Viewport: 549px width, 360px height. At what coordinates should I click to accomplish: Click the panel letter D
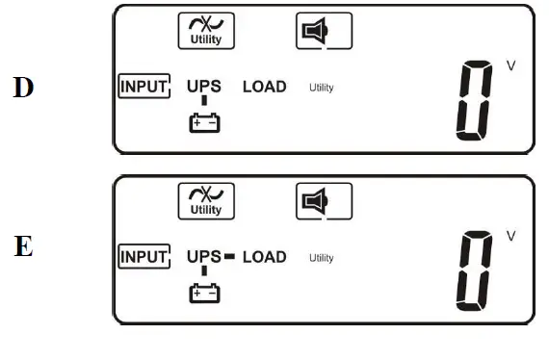click(x=23, y=88)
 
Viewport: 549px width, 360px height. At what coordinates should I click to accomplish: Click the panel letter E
click(x=23, y=246)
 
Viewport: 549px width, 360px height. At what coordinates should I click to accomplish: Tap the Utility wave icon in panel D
click(x=206, y=31)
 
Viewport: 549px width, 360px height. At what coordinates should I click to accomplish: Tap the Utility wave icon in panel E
click(x=206, y=201)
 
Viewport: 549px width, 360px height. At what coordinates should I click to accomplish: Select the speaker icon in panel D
click(x=323, y=32)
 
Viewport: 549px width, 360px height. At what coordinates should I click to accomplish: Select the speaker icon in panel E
click(x=323, y=201)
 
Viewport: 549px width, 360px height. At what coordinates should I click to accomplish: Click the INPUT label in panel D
click(x=144, y=87)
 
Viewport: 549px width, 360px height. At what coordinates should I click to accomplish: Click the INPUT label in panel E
click(x=144, y=257)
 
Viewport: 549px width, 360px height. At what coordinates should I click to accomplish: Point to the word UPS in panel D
click(x=203, y=87)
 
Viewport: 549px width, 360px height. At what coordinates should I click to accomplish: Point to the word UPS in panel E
click(x=203, y=257)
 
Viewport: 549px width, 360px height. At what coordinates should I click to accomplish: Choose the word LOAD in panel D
click(x=264, y=87)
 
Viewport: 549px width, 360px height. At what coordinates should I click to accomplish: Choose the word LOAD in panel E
click(x=264, y=257)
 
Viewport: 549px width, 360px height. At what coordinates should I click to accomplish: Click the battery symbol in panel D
click(x=204, y=122)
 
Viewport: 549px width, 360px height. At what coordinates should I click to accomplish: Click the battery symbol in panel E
click(x=204, y=292)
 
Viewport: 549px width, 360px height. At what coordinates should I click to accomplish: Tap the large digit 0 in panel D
click(x=475, y=101)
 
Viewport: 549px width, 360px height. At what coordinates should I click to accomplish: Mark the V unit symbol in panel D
click(x=510, y=65)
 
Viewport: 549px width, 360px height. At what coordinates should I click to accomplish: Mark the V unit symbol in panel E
click(x=510, y=236)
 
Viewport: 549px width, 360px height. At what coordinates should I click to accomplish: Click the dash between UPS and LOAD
click(x=229, y=257)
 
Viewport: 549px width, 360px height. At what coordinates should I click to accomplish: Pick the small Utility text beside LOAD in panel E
click(x=321, y=258)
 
